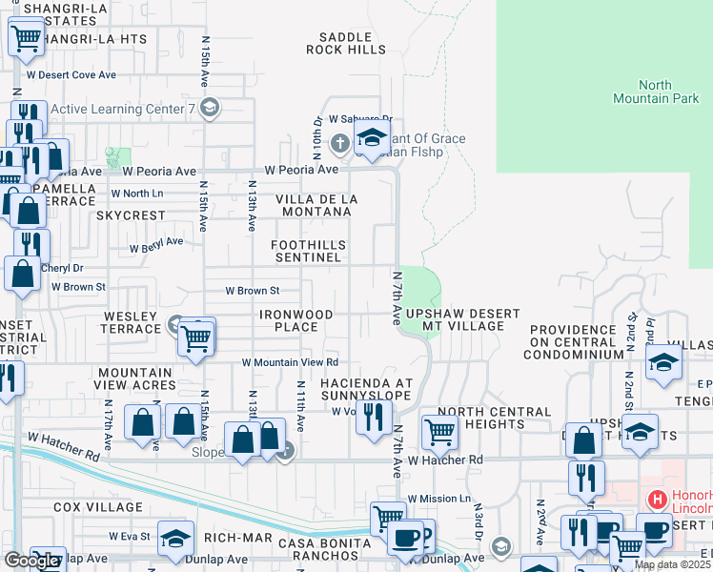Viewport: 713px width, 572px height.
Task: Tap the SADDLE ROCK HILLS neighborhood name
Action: tap(345, 43)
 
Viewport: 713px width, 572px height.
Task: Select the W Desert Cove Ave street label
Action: tap(71, 74)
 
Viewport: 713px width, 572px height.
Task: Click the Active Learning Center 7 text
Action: tap(122, 109)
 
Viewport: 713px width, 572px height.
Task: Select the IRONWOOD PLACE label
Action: tap(296, 320)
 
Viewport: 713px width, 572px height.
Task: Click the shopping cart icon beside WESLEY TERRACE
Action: tap(196, 336)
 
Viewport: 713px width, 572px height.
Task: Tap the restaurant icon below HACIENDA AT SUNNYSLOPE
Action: tap(374, 415)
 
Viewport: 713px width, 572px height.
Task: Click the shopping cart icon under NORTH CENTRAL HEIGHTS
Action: tap(439, 431)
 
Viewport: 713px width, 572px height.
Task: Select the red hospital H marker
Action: tap(656, 499)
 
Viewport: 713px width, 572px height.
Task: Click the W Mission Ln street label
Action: tap(439, 499)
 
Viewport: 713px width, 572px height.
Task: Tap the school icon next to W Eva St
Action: tap(174, 539)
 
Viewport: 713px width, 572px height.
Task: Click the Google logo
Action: tap(31, 561)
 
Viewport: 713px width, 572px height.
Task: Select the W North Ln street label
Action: tap(137, 194)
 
